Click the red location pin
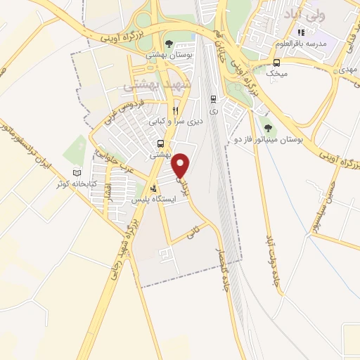[x=181, y=164]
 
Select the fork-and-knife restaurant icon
[x=176, y=110]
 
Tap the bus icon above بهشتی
[x=162, y=144]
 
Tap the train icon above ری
[x=214, y=99]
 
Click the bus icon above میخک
[x=276, y=62]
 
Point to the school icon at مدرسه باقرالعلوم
[x=301, y=32]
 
